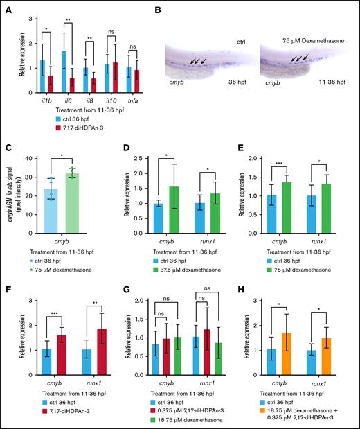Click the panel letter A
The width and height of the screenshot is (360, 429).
click(x=8, y=8)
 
